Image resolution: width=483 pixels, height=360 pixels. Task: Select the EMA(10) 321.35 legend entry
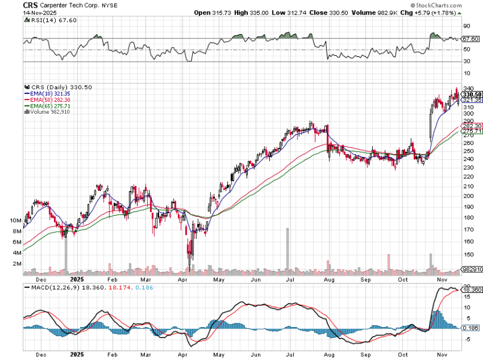tap(47, 94)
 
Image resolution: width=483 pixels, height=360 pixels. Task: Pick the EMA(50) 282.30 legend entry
tap(47, 100)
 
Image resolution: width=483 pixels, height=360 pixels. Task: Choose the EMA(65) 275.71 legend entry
tap(47, 106)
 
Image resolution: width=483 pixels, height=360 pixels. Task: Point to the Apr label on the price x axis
tap(183, 279)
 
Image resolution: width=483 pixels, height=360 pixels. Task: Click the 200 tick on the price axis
tap(469, 195)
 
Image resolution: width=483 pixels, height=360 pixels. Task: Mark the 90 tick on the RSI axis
tap(466, 26)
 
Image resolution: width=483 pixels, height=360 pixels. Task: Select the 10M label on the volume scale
tap(16, 220)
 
